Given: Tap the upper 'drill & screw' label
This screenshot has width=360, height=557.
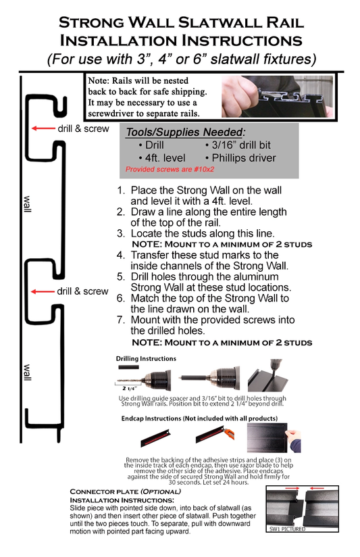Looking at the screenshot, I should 82,128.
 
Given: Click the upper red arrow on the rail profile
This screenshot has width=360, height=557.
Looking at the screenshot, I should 44,128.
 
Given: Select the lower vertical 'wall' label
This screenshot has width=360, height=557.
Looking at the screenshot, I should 28,372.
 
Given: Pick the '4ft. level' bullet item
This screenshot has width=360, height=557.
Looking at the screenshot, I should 161,158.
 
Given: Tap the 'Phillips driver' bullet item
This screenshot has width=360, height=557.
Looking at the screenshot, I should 240,158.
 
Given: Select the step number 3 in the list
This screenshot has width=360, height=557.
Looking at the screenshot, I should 121,233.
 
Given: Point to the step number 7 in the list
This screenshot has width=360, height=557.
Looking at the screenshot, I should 121,320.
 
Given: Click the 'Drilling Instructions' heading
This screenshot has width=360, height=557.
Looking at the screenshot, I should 146,359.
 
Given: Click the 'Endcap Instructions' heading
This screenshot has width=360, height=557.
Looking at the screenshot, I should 184,418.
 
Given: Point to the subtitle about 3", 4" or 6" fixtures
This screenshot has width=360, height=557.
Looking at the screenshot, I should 180,59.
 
